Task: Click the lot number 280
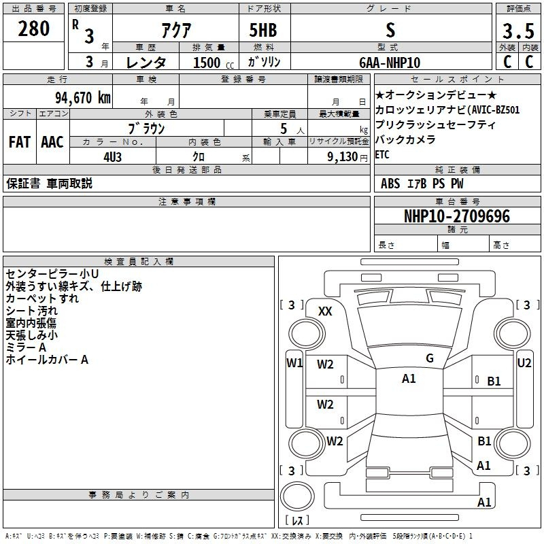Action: [33, 29]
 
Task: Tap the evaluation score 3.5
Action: [518, 31]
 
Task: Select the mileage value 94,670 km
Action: [83, 97]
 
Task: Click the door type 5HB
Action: [263, 30]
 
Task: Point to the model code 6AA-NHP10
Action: [390, 63]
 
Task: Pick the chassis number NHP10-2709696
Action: [457, 216]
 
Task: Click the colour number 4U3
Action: [112, 157]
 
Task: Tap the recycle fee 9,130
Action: [343, 157]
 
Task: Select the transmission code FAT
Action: [20, 142]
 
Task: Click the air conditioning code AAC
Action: [52, 142]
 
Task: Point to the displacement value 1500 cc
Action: [214, 63]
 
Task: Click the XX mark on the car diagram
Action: [325, 311]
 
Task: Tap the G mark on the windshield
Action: [430, 358]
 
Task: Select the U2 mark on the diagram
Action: [524, 363]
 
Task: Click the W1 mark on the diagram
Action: [294, 363]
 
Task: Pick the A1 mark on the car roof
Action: [409, 379]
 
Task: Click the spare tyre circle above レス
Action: [297, 496]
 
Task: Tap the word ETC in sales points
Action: [382, 155]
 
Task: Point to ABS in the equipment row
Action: [390, 184]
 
